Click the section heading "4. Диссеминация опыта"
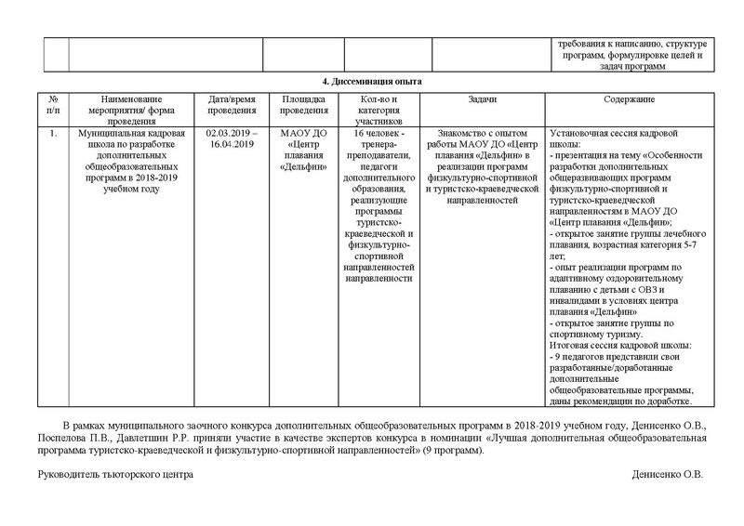click(x=371, y=82)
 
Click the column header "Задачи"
click(x=482, y=99)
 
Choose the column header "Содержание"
click(x=630, y=99)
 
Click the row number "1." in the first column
click(x=54, y=133)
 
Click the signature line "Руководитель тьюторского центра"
click(x=115, y=474)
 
